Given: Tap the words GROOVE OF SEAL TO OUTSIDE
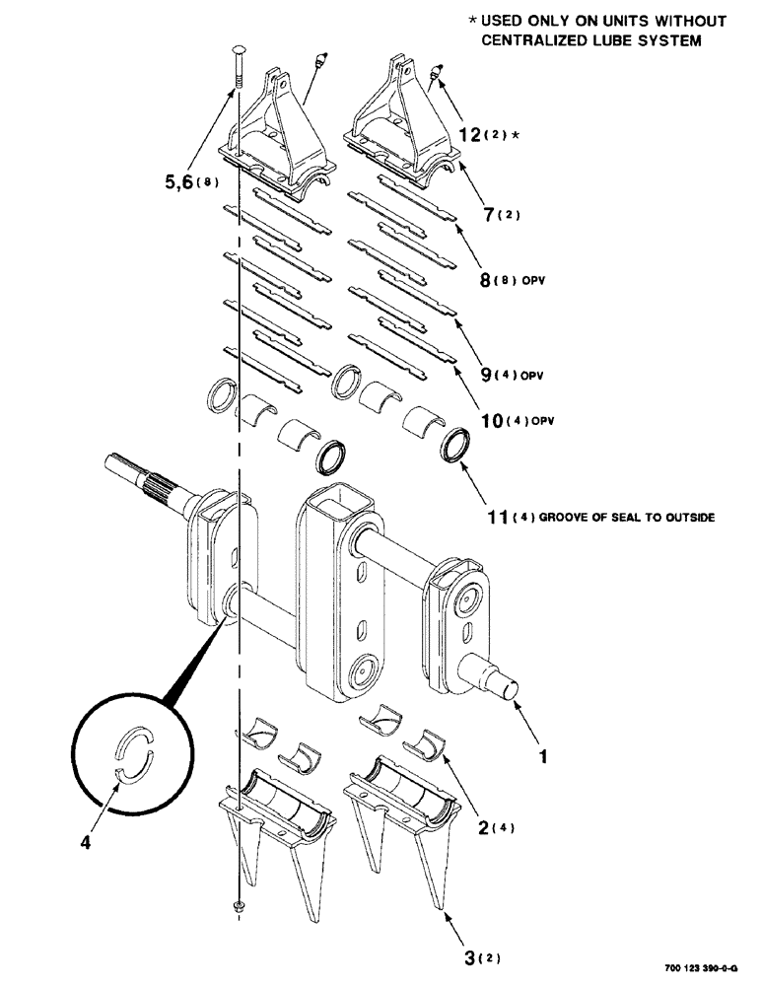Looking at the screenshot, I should click(630, 517).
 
